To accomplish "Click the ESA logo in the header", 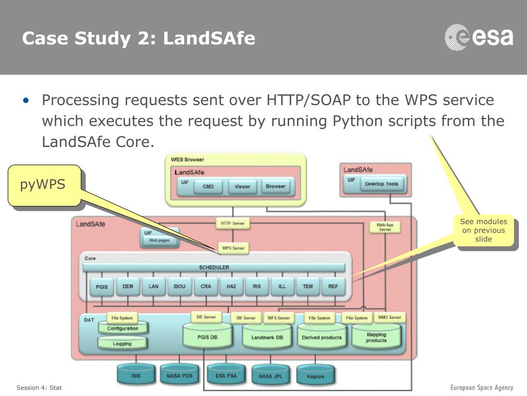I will [479, 38].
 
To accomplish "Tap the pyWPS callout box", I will [44, 185].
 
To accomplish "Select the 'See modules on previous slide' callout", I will [483, 230].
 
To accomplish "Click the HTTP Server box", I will [233, 224].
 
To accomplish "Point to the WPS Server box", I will [233, 248].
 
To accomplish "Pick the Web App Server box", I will [385, 227].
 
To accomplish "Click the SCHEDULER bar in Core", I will [214, 267].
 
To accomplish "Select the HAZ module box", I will [231, 286].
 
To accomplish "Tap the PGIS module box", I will [102, 287].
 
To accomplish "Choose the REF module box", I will [333, 286].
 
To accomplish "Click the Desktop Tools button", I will [381, 184].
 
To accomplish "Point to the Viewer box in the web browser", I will [242, 187].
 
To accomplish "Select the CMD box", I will [208, 187].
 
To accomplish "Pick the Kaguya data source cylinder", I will [315, 376].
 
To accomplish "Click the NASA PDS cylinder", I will [179, 376].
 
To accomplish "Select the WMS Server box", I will [389, 317].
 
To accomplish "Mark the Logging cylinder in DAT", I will [122, 343].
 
